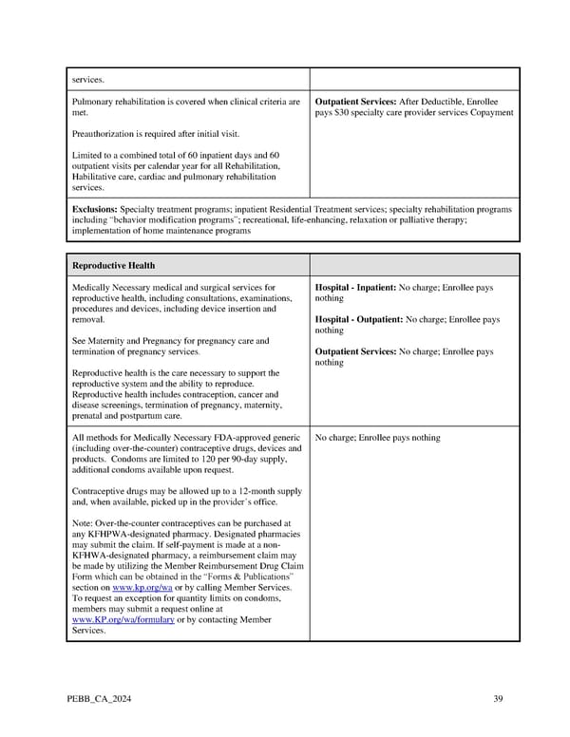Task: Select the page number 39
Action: pyautogui.click(x=498, y=700)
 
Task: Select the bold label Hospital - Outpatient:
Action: pyautogui.click(x=359, y=320)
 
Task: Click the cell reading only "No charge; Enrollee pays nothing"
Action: pyautogui.click(x=378, y=438)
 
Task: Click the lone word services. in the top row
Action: pyautogui.click(x=87, y=81)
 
